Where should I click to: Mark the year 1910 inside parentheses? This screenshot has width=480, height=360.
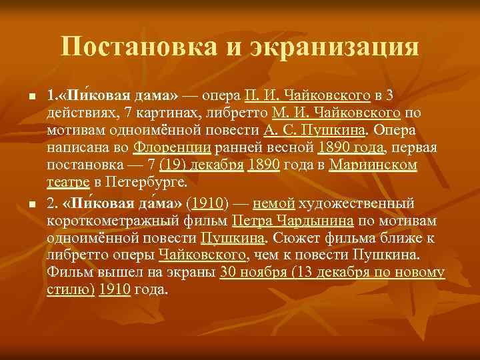coord(207,202)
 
